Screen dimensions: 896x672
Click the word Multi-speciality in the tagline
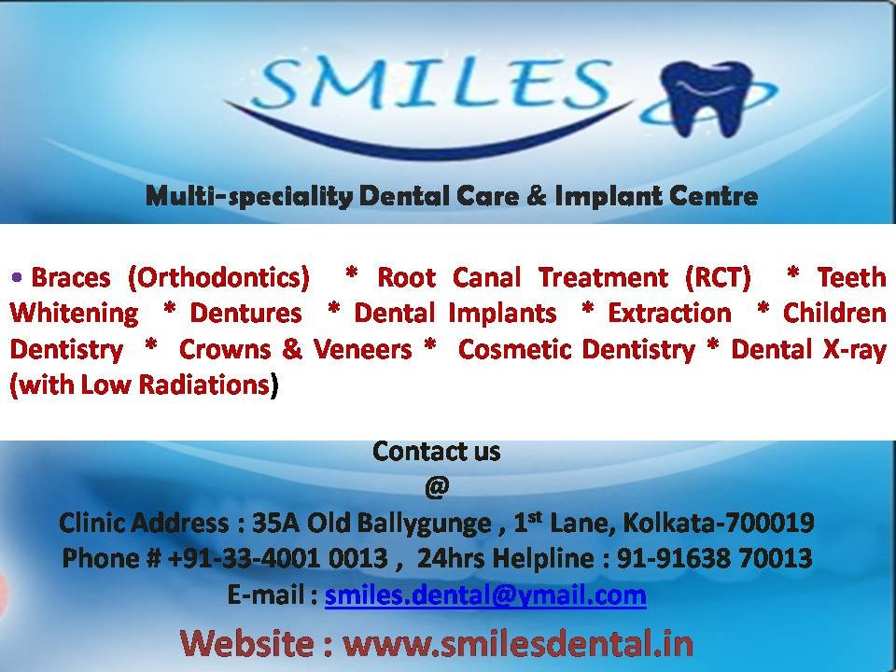click(x=250, y=197)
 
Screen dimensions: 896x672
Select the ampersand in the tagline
click(x=537, y=195)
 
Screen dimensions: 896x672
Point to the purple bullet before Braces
click(x=17, y=278)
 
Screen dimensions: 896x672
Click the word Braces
click(x=70, y=278)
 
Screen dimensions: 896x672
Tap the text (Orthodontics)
click(x=218, y=278)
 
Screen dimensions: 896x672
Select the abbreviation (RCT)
click(x=718, y=278)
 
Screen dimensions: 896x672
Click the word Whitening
click(x=75, y=315)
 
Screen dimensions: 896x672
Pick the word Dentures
click(x=245, y=314)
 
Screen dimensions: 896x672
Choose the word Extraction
click(x=669, y=314)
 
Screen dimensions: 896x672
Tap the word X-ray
click(x=854, y=350)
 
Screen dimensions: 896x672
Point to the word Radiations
click(x=204, y=385)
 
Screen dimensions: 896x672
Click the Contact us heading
click(x=437, y=452)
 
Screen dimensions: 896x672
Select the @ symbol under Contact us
click(x=437, y=487)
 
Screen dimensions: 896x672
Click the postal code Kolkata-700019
click(x=719, y=523)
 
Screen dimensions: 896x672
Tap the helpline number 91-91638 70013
click(x=714, y=558)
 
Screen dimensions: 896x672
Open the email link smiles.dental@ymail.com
click(x=485, y=595)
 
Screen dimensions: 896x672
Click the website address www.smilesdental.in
click(x=518, y=643)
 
